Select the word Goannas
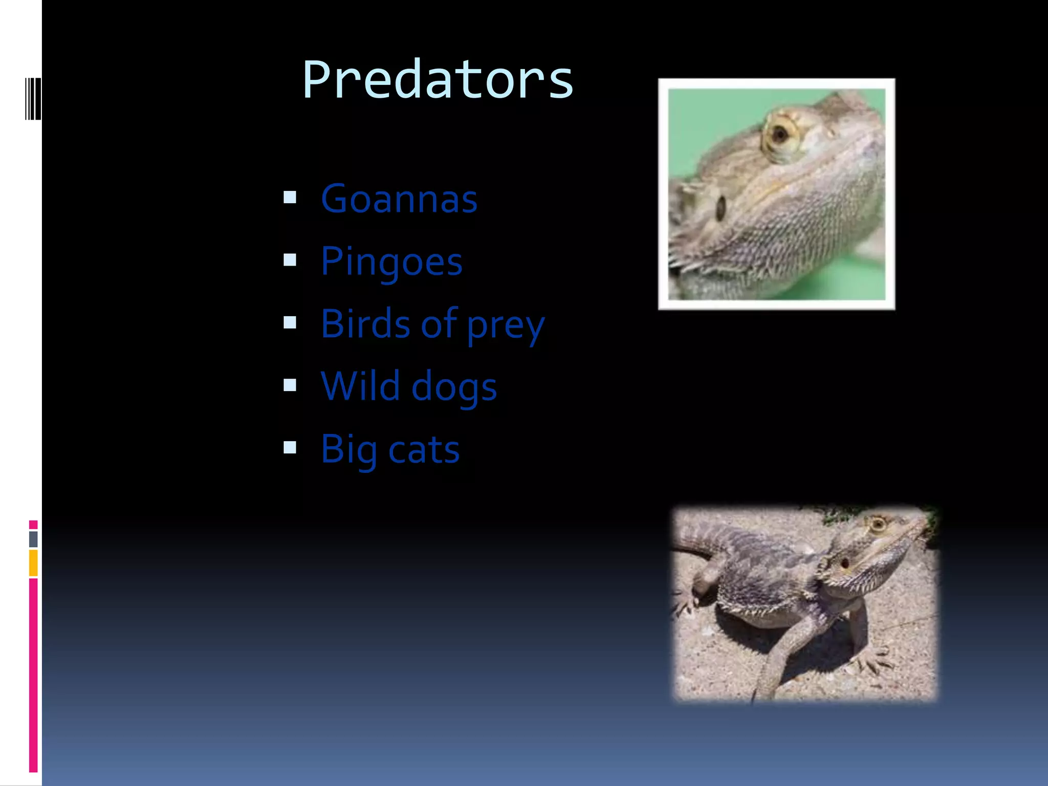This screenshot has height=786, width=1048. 399,199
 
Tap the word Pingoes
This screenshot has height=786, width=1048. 391,262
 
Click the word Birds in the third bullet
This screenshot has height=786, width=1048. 365,324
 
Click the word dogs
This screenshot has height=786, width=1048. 454,388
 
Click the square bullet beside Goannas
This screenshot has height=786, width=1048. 290,197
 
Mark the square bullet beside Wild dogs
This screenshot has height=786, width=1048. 290,385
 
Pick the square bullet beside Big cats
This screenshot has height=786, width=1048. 290,448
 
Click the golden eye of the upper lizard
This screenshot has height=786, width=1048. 779,135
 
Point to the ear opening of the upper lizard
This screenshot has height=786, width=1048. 721,208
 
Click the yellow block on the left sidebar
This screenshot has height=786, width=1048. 33,563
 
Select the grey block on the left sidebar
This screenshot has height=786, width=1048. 33,539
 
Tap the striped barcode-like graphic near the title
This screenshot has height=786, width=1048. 33,99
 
